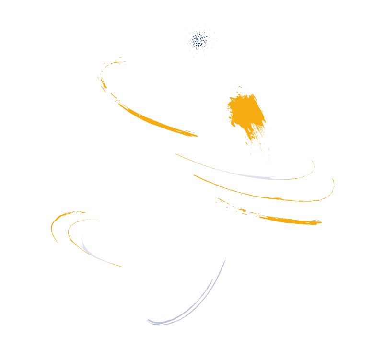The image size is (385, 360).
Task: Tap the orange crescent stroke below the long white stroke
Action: click(144, 115)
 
